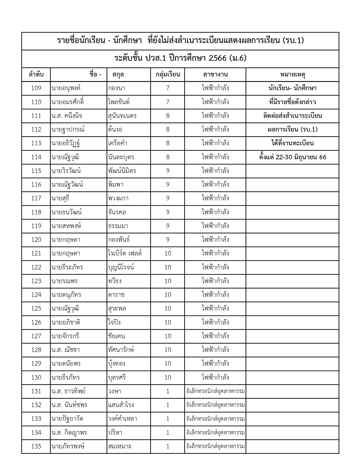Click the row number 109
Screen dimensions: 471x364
click(36, 88)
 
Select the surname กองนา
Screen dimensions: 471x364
click(117, 88)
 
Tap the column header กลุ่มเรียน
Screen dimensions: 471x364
click(168, 75)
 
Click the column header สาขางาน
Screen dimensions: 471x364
click(215, 75)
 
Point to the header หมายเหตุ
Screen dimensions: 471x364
click(293, 75)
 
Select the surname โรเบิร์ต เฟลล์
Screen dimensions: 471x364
click(125, 253)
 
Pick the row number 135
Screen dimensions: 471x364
click(36, 446)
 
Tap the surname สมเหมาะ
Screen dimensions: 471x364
click(120, 446)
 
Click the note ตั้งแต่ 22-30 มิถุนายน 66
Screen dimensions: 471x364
click(293, 157)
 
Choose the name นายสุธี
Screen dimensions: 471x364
click(61, 198)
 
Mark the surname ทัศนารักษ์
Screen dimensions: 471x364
click(121, 350)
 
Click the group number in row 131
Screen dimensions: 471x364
click(168, 391)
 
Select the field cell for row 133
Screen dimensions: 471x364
click(215, 419)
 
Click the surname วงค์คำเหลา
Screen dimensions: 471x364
click(123, 419)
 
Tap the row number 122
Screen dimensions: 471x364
click(36, 267)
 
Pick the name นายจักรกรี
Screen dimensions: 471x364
click(65, 336)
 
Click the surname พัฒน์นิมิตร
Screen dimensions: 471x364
click(122, 171)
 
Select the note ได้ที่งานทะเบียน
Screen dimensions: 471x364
click(293, 143)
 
